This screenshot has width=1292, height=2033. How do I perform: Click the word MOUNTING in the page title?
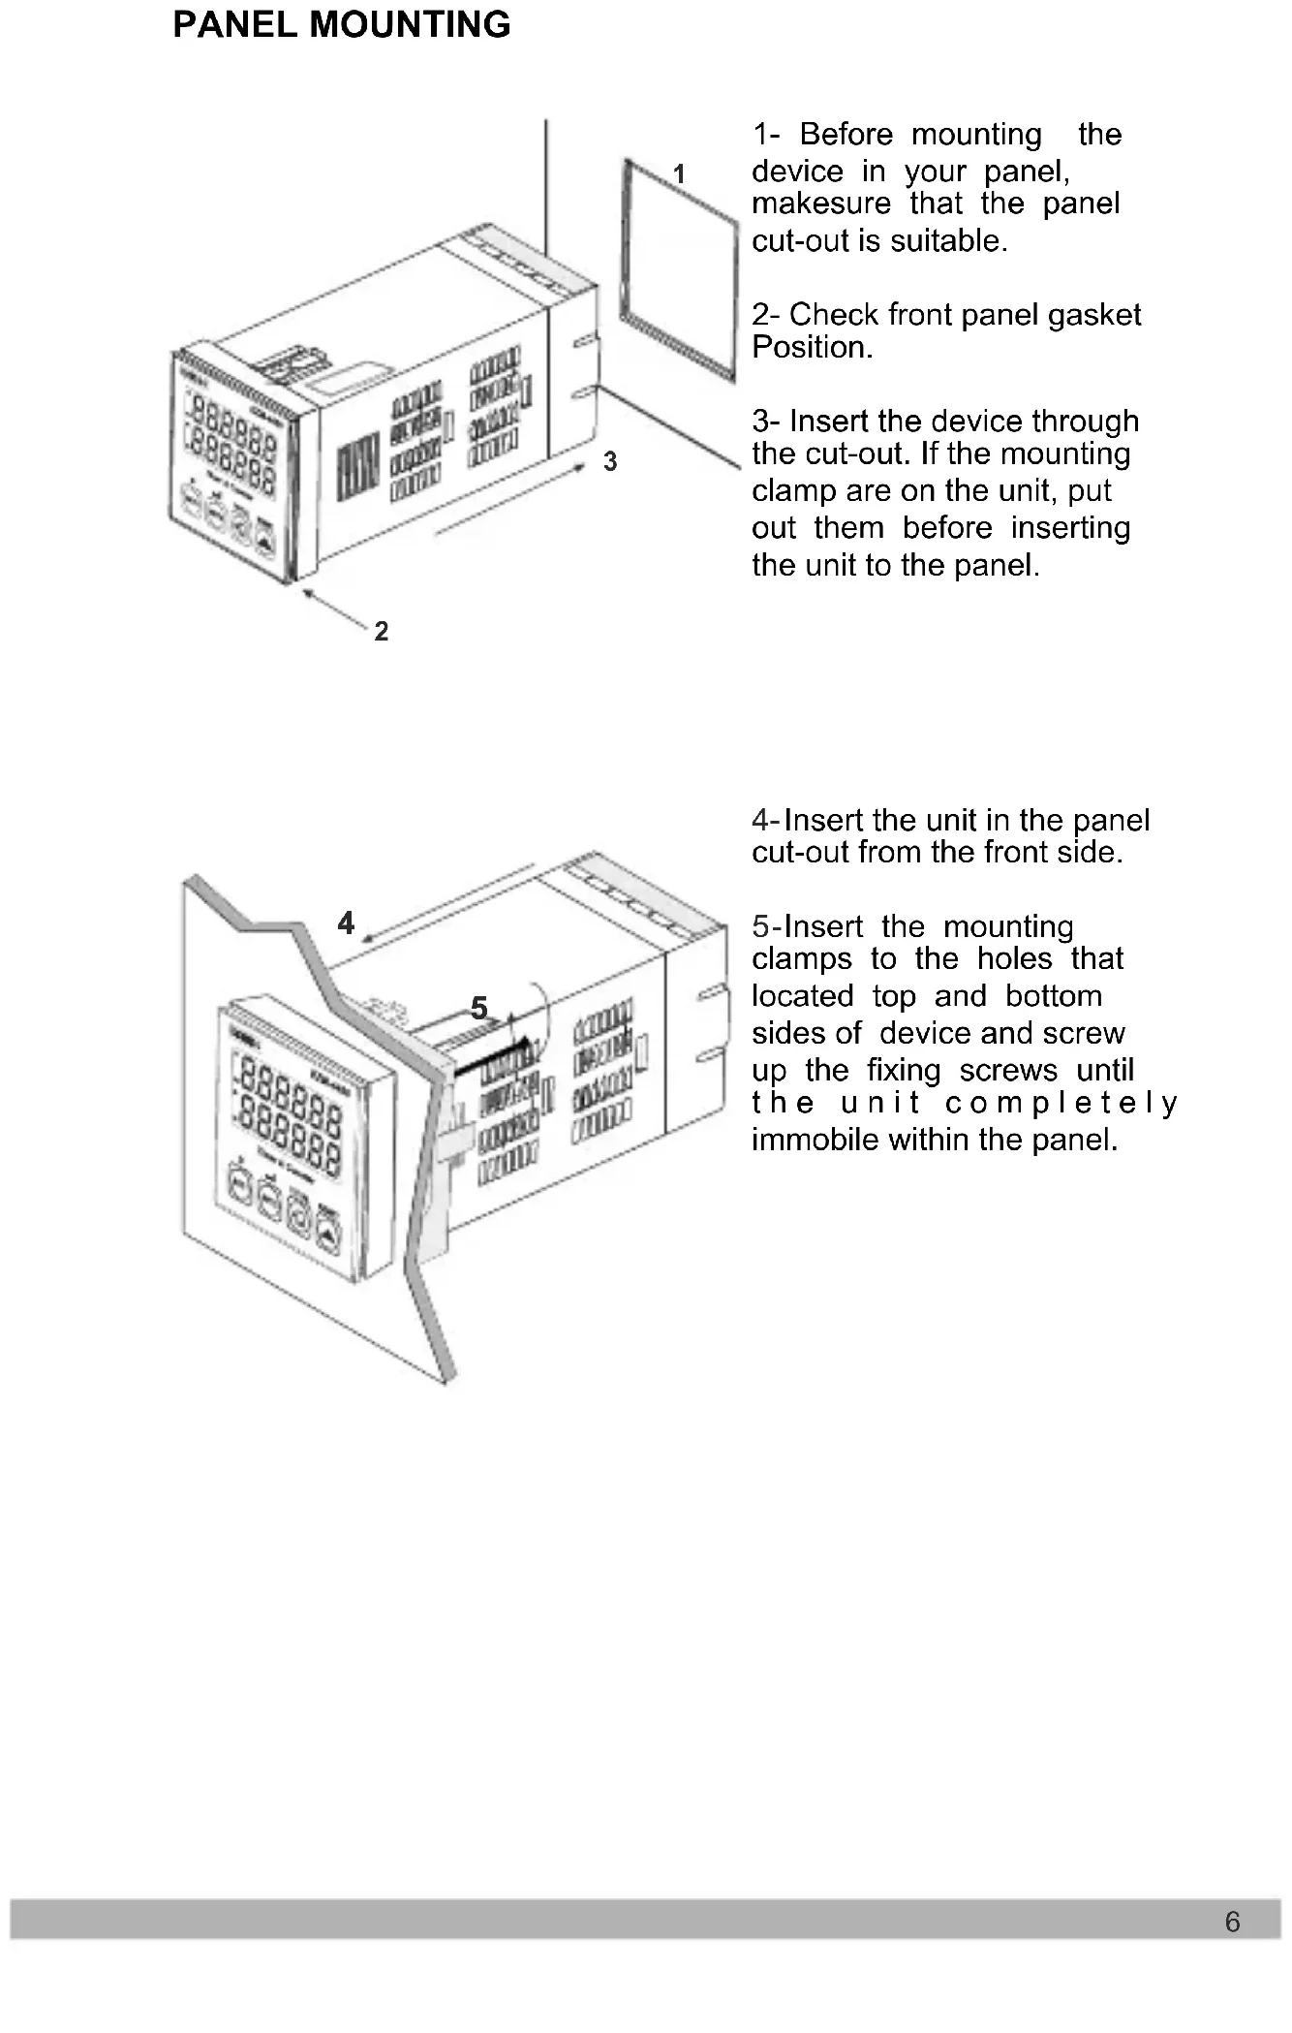[410, 25]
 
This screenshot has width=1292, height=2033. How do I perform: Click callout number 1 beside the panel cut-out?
[679, 174]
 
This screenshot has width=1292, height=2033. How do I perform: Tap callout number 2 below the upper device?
[382, 632]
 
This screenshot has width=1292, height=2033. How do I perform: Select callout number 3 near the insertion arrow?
[610, 462]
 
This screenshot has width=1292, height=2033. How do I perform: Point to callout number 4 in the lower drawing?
[346, 923]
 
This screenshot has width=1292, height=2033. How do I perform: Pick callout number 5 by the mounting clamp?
[478, 1008]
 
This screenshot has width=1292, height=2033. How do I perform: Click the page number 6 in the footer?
[1232, 1922]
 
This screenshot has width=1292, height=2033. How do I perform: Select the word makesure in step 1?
[821, 204]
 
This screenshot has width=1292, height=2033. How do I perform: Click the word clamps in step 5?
[802, 959]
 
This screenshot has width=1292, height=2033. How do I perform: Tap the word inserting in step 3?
[1070, 528]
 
